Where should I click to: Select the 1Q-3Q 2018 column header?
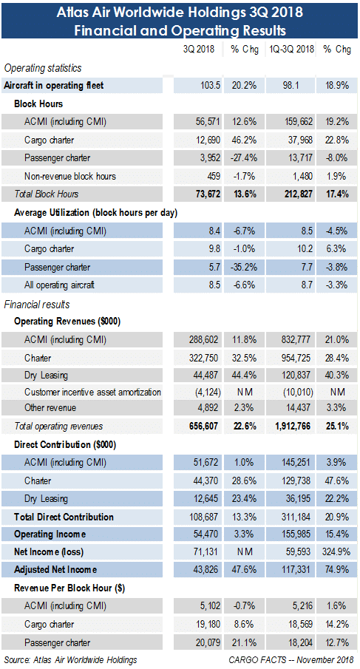pyautogui.click(x=292, y=50)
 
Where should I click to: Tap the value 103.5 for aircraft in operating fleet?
pyautogui.click(x=209, y=85)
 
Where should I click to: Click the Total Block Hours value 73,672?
pyautogui.click(x=206, y=194)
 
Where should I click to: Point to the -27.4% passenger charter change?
pyautogui.click(x=243, y=158)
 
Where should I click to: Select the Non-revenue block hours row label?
pyautogui.click(x=70, y=176)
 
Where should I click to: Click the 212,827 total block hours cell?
pyautogui.click(x=298, y=194)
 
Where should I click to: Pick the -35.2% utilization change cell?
pyautogui.click(x=243, y=268)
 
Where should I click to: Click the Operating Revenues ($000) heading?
pyautogui.click(x=67, y=322)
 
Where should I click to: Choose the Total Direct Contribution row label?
pyautogui.click(x=64, y=517)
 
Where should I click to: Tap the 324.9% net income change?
pyautogui.click(x=336, y=552)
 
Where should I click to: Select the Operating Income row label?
pyautogui.click(x=50, y=534)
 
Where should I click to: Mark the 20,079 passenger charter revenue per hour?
pyautogui.click(x=206, y=642)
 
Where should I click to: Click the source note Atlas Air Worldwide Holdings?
pyautogui.click(x=85, y=660)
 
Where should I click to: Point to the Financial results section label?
pyautogui.click(x=37, y=305)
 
